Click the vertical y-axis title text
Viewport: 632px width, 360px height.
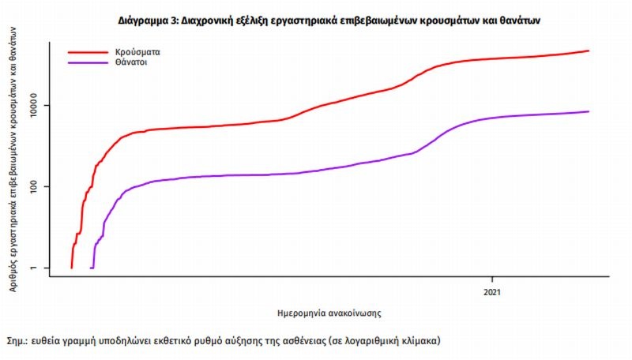point(15,159)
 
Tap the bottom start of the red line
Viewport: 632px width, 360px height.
point(71,268)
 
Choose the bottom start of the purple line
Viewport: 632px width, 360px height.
point(92,268)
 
